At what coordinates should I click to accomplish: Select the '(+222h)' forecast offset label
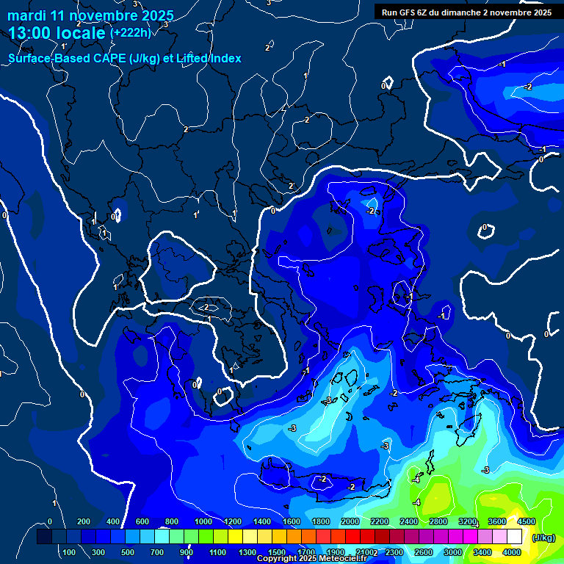click(131, 33)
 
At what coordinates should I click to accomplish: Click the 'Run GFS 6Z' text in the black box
click(407, 12)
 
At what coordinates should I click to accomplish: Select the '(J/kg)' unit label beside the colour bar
click(544, 538)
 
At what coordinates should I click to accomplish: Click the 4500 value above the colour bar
click(527, 521)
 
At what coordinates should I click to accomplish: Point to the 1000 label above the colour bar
click(203, 521)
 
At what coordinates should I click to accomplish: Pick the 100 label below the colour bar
click(69, 552)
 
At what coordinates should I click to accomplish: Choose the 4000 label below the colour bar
click(512, 552)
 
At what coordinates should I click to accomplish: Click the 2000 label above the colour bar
click(350, 521)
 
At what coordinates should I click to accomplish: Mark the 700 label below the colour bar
click(157, 552)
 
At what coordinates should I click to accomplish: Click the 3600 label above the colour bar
click(497, 521)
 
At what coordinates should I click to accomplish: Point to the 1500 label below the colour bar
click(276, 552)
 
